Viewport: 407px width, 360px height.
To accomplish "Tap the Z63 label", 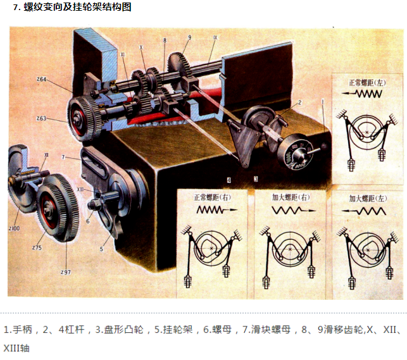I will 41,118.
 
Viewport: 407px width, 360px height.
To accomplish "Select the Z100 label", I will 15,227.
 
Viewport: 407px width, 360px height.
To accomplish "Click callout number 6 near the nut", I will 88,221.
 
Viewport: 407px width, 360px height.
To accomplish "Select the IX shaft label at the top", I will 215,38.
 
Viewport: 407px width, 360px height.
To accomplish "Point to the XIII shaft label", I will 80,189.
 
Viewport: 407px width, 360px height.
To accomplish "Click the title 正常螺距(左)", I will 367,82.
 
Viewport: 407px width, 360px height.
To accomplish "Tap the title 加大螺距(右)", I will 291,197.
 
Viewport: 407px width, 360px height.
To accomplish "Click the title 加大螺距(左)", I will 367,197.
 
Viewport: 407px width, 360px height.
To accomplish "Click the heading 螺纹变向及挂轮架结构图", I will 77,8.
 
